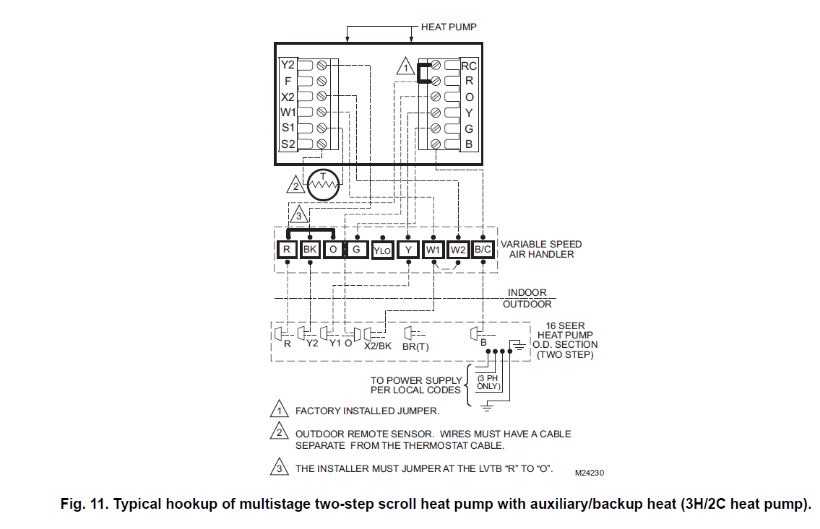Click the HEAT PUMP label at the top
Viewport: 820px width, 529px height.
pyautogui.click(x=448, y=27)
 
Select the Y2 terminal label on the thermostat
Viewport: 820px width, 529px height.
pyautogui.click(x=288, y=65)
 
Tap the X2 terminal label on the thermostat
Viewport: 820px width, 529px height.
pyautogui.click(x=288, y=97)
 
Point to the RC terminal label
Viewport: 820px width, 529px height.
pyautogui.click(x=469, y=66)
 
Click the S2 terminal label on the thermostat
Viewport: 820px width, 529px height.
pyautogui.click(x=288, y=144)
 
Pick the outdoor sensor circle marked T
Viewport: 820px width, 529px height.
pyautogui.click(x=323, y=185)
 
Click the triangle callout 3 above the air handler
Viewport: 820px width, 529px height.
pyautogui.click(x=300, y=214)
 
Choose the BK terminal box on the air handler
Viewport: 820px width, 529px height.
pyautogui.click(x=310, y=250)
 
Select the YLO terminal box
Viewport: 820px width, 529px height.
pyautogui.click(x=382, y=250)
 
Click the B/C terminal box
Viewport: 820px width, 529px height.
pyautogui.click(x=483, y=250)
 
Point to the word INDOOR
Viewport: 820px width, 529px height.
pyautogui.click(x=527, y=292)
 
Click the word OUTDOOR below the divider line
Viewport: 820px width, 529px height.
pyautogui.click(x=527, y=304)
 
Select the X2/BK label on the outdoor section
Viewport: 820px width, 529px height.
pyautogui.click(x=377, y=345)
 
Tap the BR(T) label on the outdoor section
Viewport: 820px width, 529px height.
pyautogui.click(x=415, y=346)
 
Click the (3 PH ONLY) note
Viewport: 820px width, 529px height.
pyautogui.click(x=488, y=382)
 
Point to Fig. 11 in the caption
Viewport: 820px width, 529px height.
pyautogui.click(x=83, y=504)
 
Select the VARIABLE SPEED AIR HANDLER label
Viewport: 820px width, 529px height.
pyautogui.click(x=541, y=249)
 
